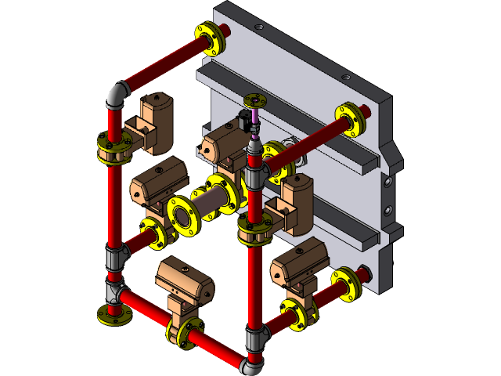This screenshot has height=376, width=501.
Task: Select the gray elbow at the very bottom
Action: (252, 363)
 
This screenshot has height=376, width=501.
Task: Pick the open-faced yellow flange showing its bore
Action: (184, 214)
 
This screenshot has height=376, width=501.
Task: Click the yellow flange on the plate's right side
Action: (348, 117)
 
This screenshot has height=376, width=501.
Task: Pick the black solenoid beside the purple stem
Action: (245, 121)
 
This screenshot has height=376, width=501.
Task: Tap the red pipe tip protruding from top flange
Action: (224, 31)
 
